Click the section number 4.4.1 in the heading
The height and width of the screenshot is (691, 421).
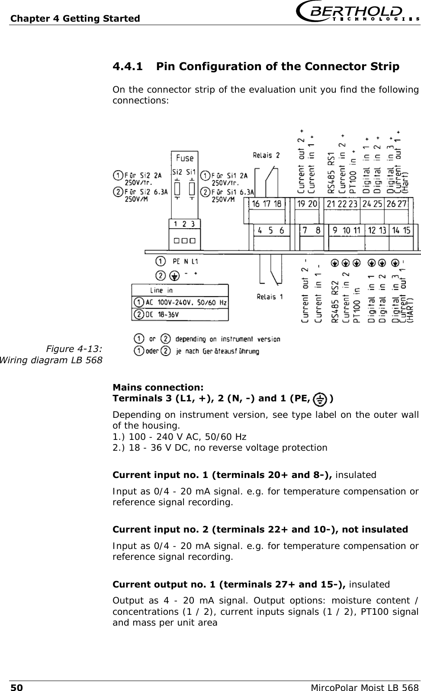127,67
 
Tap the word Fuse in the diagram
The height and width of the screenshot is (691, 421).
185,158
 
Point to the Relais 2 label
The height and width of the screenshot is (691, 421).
266,155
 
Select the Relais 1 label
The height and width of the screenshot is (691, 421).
270,297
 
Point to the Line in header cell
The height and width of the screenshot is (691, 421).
161,291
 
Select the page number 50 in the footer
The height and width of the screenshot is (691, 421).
16,687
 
